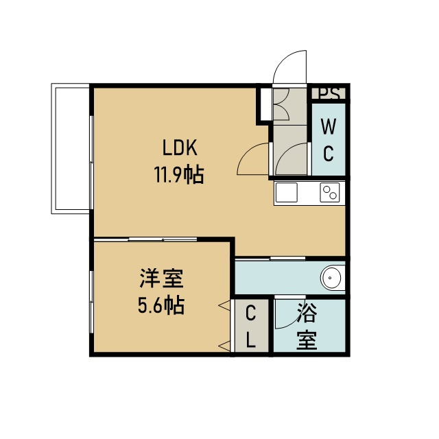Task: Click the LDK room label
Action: coord(180,147)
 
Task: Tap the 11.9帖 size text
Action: coord(179,174)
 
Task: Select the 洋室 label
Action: coord(162,278)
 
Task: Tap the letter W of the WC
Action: coord(329,126)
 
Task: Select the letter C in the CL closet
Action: coord(250,313)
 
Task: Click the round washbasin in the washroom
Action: coord(331,278)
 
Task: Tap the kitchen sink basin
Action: coord(287,192)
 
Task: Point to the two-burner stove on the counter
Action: coord(330,192)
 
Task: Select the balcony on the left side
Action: coord(70,148)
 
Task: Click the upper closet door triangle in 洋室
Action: coord(225,305)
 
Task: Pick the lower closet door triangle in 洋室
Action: coord(225,346)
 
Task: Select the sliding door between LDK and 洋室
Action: coord(145,239)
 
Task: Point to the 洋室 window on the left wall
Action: coord(91,302)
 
